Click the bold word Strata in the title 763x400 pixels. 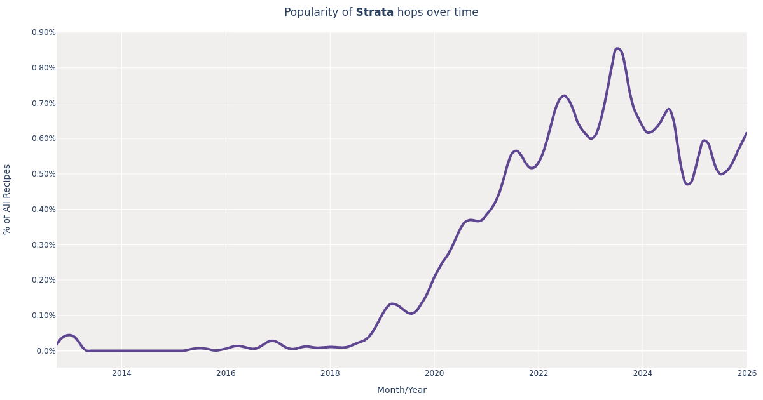click(x=375, y=13)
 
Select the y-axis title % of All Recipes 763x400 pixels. click(x=8, y=199)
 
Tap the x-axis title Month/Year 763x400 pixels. click(x=401, y=390)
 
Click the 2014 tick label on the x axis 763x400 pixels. click(x=121, y=373)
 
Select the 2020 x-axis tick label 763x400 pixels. click(x=434, y=373)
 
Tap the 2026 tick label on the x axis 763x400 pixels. click(x=746, y=373)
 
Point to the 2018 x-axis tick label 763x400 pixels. click(x=330, y=373)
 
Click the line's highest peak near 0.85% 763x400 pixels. click(x=617, y=48)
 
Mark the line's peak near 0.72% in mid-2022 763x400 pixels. click(x=564, y=96)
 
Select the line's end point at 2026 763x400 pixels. click(x=746, y=133)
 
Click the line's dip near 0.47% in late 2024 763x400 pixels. click(x=687, y=184)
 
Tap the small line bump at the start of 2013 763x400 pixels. click(x=69, y=335)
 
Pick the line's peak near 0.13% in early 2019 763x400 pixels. click(x=392, y=303)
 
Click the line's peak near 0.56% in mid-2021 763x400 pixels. click(x=516, y=151)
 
